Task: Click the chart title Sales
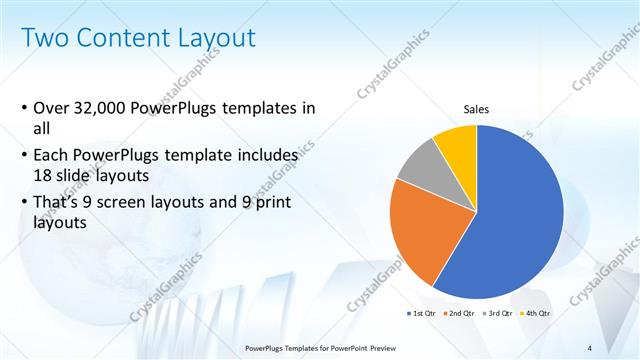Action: (475, 109)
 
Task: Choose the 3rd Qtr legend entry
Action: (498, 313)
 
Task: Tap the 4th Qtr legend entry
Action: (536, 313)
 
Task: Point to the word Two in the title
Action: (44, 38)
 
